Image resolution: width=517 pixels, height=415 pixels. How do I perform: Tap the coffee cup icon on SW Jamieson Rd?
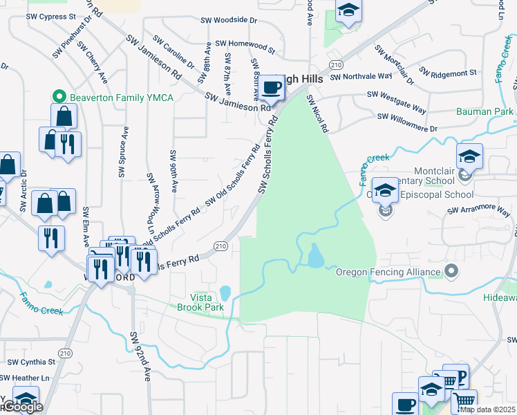[272, 89]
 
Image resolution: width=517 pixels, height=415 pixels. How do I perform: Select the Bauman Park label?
[484, 111]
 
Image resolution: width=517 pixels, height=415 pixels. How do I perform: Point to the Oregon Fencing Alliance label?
[388, 272]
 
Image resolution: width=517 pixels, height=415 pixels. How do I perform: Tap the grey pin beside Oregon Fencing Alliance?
[452, 270]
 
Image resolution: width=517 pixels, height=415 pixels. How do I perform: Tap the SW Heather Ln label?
[25, 378]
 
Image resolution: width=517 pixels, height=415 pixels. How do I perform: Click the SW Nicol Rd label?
[318, 114]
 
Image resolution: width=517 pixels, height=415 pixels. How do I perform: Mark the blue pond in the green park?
[315, 257]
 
